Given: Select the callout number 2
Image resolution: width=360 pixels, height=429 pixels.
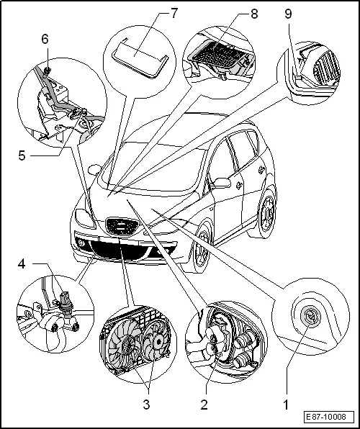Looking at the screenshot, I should coord(204,404).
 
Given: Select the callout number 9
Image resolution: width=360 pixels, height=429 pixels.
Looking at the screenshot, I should coord(289,14).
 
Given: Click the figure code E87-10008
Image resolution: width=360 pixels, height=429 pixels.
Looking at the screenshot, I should coord(328,417).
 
